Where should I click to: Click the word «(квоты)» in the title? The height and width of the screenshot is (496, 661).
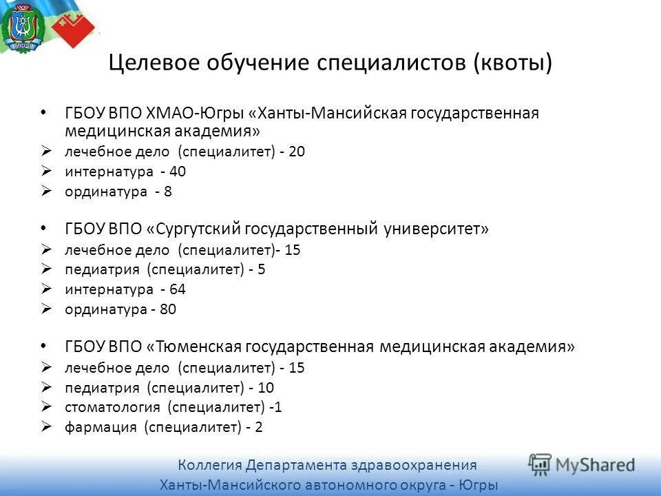[x=513, y=63]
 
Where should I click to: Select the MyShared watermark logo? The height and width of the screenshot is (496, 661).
[x=583, y=464]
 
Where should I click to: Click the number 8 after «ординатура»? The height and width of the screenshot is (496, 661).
[x=168, y=192]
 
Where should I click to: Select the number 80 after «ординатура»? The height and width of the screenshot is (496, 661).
[x=168, y=309]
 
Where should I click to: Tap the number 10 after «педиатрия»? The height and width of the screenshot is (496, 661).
[x=266, y=387]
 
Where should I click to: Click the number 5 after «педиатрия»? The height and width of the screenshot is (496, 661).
[x=262, y=269]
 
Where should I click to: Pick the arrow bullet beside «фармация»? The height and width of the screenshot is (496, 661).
[x=46, y=427]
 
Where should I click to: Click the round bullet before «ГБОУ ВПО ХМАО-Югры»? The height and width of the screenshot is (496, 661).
[x=45, y=112]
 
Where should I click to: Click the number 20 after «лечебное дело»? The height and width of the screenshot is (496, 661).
[x=297, y=152]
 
